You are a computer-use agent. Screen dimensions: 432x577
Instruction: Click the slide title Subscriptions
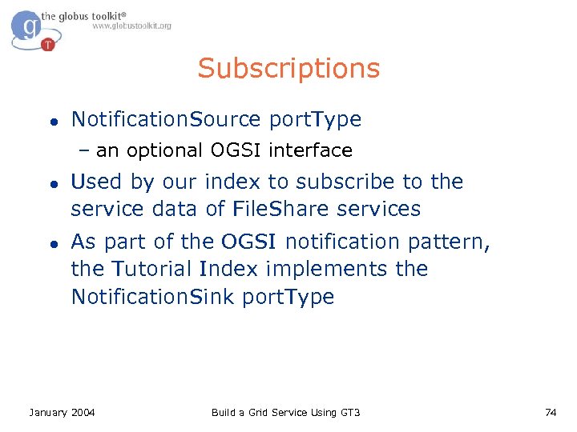click(x=288, y=69)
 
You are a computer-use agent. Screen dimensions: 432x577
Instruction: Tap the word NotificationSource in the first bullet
click(x=166, y=120)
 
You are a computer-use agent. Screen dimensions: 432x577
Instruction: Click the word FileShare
click(x=281, y=210)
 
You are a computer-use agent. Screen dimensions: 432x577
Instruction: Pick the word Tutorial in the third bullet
click(x=153, y=269)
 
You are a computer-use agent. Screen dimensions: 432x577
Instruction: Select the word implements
click(x=329, y=270)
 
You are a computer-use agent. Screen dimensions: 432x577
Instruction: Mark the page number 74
click(x=550, y=412)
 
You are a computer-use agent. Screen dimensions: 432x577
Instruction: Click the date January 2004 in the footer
click(x=62, y=412)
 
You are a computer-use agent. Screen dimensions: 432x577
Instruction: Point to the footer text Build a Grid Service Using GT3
click(x=285, y=412)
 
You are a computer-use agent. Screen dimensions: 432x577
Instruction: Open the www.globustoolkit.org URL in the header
click(x=131, y=26)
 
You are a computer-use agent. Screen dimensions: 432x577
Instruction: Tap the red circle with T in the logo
click(x=48, y=44)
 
